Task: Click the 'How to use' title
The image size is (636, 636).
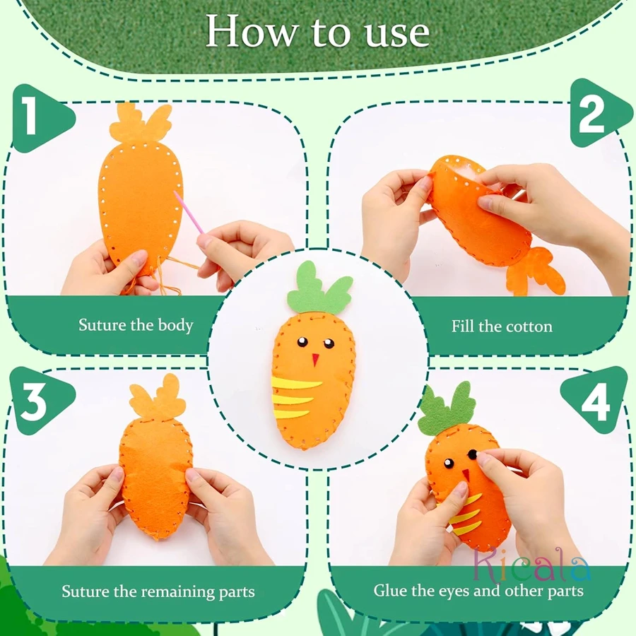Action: point(317,32)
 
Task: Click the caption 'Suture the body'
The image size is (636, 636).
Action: point(136,326)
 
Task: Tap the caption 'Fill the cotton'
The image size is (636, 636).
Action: point(502,326)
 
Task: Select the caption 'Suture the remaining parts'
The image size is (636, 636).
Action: point(158,591)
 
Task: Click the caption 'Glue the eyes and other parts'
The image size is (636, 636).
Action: point(478,590)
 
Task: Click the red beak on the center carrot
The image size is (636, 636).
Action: point(316,358)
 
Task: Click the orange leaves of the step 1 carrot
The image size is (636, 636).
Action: point(141,124)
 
